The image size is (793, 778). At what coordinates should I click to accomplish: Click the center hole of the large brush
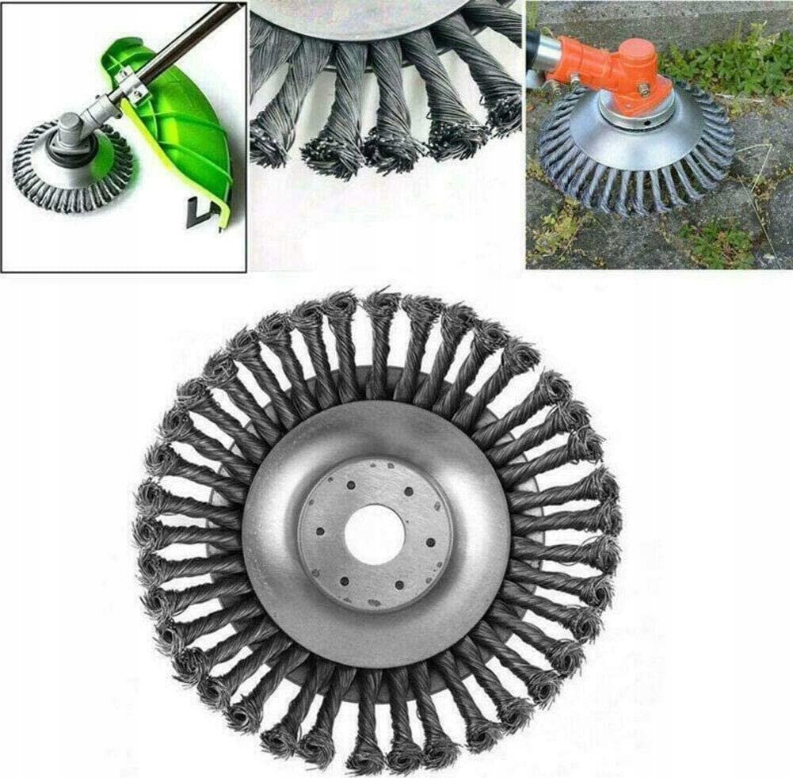pyautogui.click(x=375, y=534)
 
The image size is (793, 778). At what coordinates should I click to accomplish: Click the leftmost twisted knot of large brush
pyautogui.click(x=147, y=527)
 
